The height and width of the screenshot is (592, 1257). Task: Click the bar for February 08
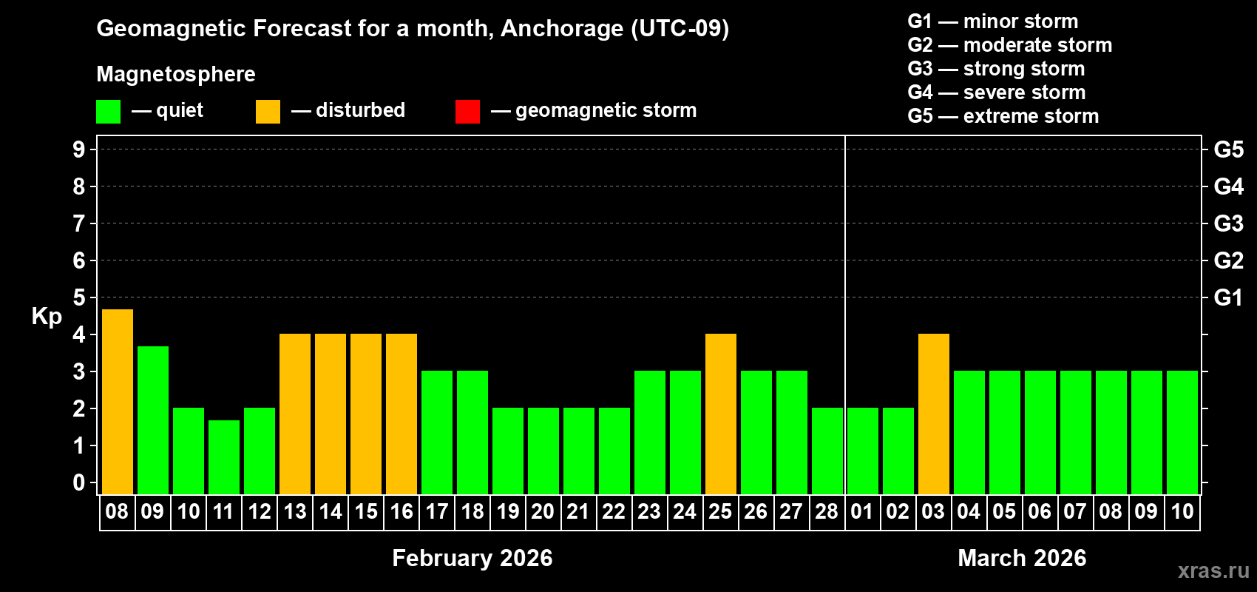pos(118,401)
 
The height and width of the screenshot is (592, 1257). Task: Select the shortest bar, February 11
pos(224,457)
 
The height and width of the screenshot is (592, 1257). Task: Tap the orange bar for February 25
pos(721,414)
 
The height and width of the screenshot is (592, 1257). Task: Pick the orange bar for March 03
pos(934,414)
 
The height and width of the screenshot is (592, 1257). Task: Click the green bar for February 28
pos(827,451)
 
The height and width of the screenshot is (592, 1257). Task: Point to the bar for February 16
pos(402,414)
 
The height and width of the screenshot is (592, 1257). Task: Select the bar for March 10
pos(1182,432)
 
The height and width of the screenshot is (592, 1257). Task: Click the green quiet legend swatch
pos(109,112)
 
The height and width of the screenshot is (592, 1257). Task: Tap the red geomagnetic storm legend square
pos(467,112)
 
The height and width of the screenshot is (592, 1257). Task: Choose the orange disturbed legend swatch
pos(268,112)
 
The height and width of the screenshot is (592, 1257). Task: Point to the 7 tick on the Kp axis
pos(79,223)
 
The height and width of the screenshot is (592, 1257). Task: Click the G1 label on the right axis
pos(1228,297)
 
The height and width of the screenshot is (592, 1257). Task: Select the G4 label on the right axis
pos(1228,186)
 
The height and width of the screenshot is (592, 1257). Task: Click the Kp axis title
pos(47,316)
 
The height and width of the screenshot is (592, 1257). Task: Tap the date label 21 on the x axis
pos(577,511)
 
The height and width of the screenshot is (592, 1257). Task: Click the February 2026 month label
pos(472,558)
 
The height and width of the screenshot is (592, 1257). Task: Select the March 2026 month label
pos(1022,558)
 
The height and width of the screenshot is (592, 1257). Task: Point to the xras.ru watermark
pos(1213,571)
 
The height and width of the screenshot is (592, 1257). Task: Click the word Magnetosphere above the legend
pos(176,74)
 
